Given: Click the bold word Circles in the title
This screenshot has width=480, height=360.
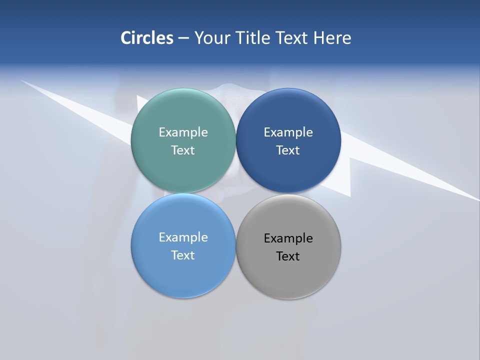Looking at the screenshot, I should [x=147, y=37].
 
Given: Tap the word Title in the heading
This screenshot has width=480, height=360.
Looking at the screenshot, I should [x=254, y=37].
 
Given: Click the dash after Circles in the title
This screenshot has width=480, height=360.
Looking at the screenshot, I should [x=183, y=38].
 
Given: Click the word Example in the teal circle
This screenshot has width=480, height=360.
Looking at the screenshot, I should [x=183, y=132].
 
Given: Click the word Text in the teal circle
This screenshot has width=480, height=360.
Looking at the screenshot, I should [x=183, y=150].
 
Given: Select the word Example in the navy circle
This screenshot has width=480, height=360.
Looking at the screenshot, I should [x=288, y=132].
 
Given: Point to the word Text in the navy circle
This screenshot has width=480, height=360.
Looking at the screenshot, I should [x=288, y=150].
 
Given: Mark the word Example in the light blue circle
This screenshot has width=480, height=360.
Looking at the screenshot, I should [x=183, y=237].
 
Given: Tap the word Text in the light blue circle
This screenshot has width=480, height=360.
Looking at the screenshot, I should [x=183, y=255].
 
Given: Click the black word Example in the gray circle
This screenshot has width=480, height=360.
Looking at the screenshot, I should [x=288, y=238].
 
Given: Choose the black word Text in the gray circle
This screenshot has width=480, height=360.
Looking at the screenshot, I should [x=288, y=256].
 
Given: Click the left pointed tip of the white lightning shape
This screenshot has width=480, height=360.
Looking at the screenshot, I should [x=21, y=80].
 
